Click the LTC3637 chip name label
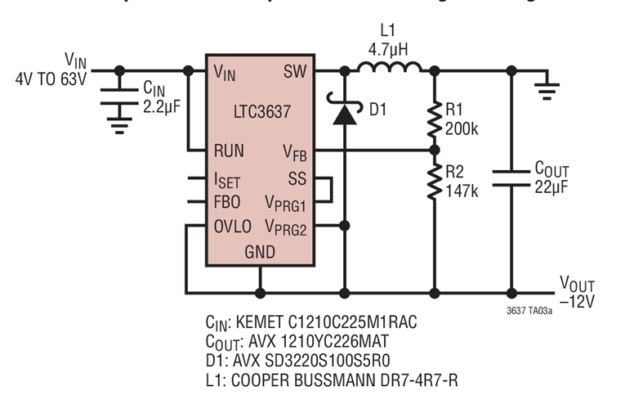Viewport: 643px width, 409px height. click(x=260, y=108)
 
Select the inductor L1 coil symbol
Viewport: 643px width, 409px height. click(x=390, y=68)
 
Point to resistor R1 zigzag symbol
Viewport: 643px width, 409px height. click(x=434, y=119)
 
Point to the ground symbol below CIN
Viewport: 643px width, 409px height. click(x=120, y=124)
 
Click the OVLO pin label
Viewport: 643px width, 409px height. click(x=233, y=226)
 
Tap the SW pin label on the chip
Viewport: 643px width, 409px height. click(x=295, y=72)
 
